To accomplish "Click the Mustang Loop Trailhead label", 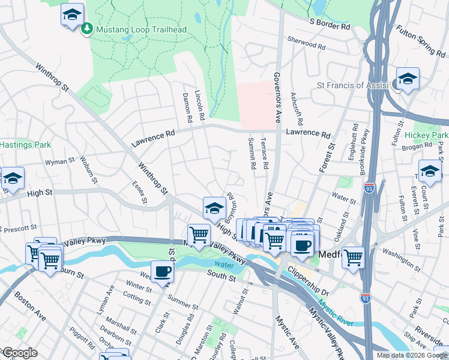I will (141, 29).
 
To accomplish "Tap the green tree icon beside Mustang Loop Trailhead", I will (88, 29).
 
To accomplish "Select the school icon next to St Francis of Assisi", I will (408, 79).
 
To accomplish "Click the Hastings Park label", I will (25, 145).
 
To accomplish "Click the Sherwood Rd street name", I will (306, 44).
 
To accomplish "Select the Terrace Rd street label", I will (264, 153).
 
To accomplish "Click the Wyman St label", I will (59, 161).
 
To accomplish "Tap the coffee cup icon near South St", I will (162, 272).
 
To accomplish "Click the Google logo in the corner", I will (19, 353).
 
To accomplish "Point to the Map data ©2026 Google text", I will (412, 355).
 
